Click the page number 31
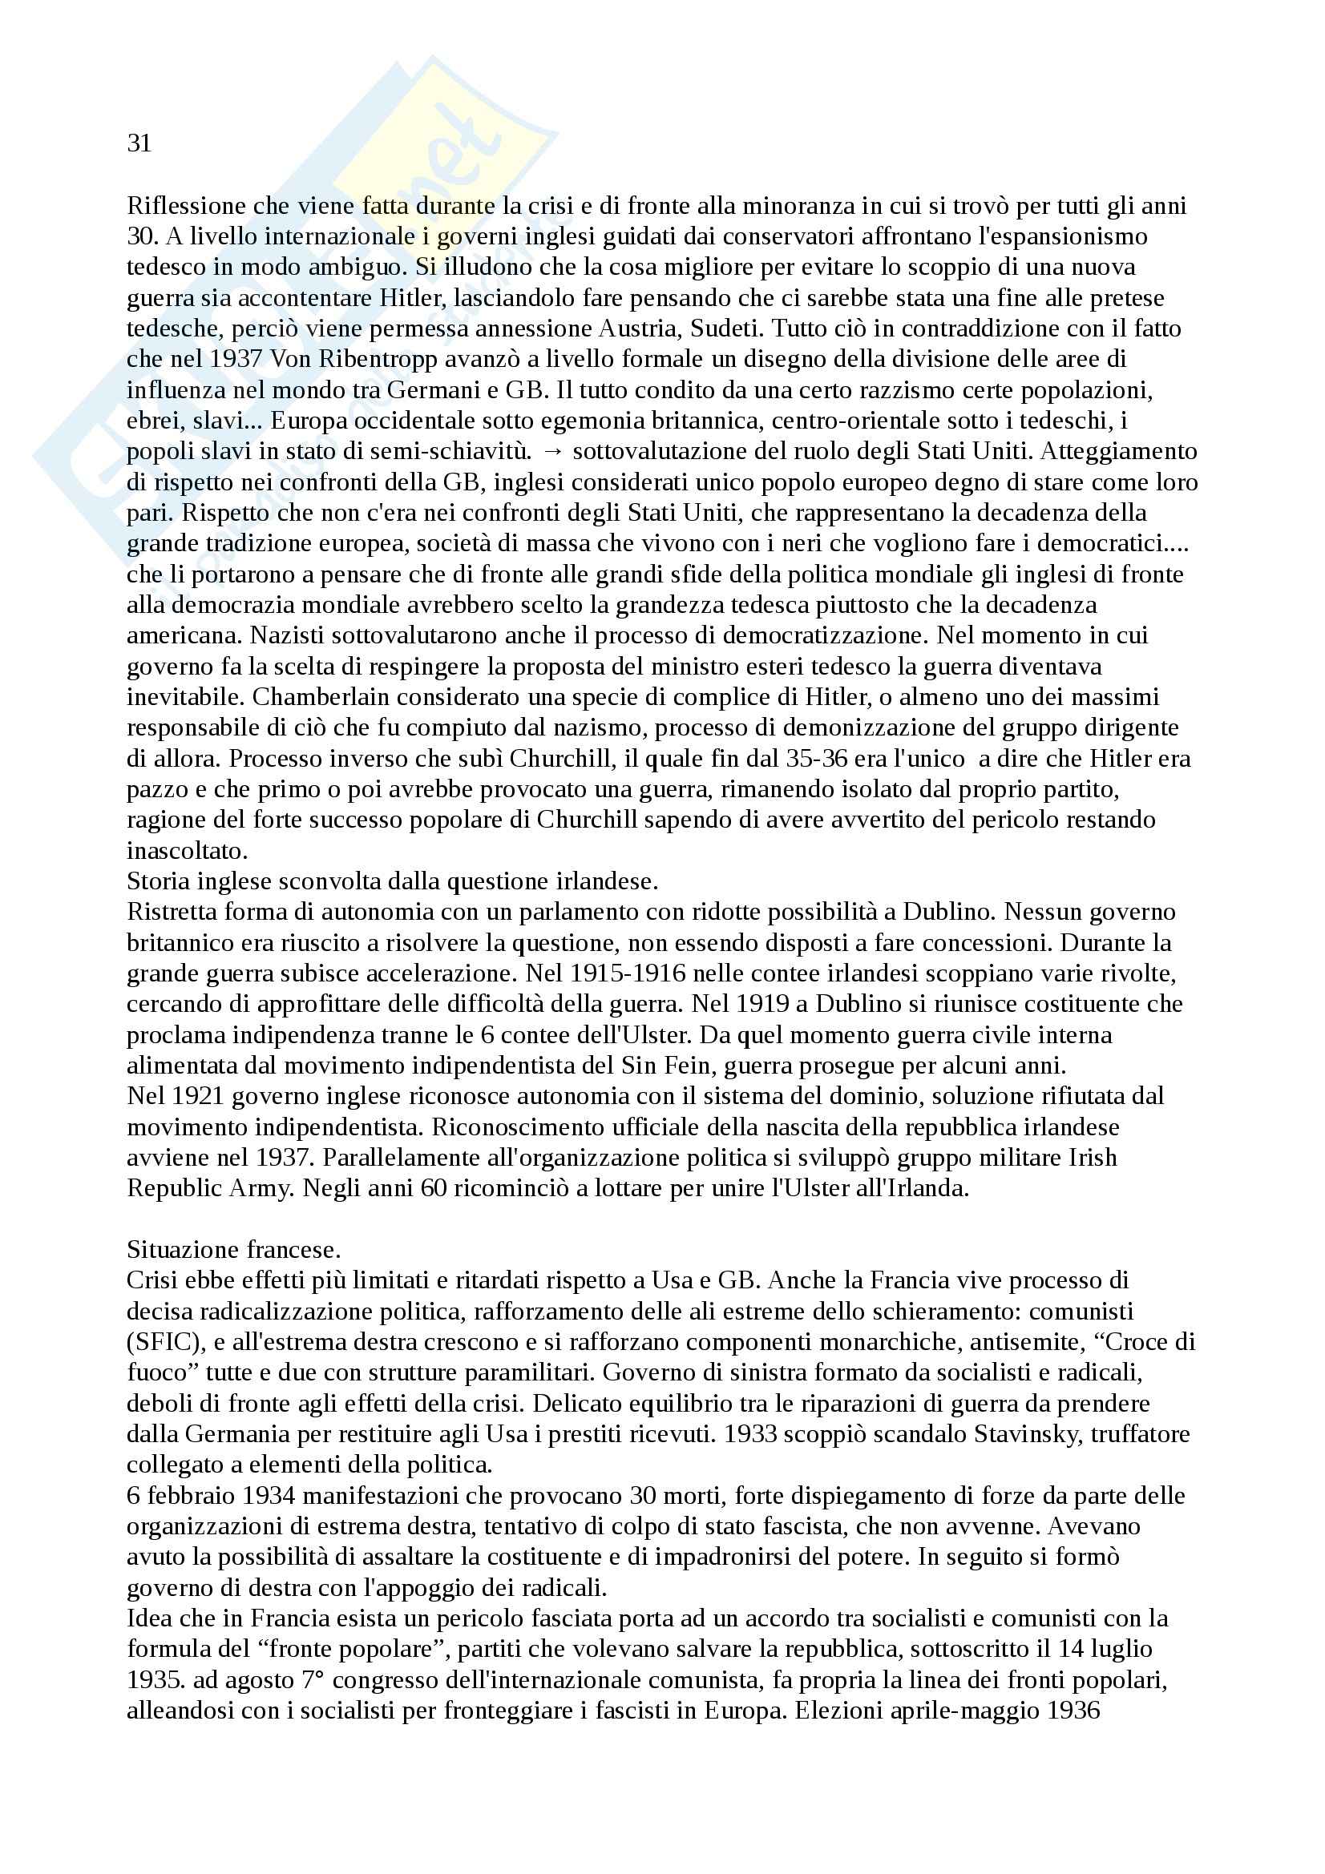[x=139, y=143]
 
